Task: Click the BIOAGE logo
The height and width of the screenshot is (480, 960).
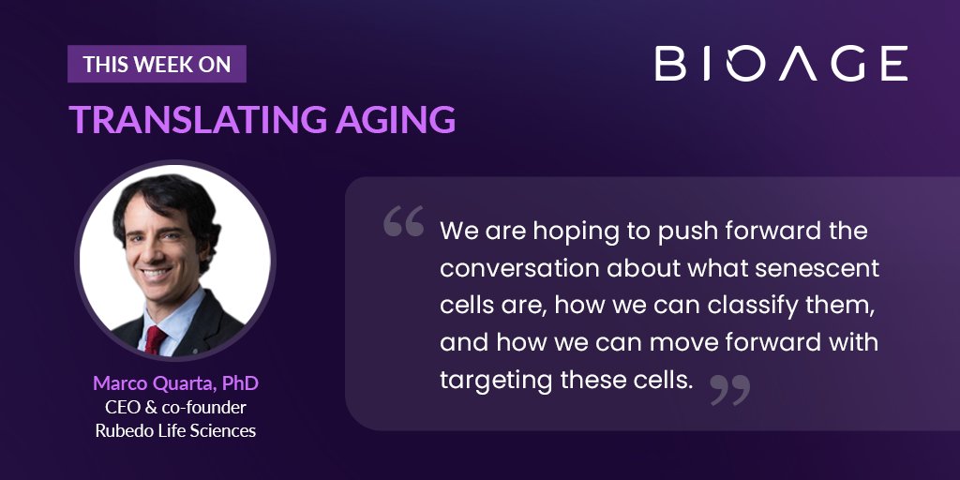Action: tap(781, 63)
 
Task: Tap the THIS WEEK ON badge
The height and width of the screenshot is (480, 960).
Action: tap(157, 64)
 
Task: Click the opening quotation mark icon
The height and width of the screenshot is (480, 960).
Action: tap(403, 221)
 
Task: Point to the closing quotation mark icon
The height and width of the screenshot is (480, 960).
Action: tap(730, 390)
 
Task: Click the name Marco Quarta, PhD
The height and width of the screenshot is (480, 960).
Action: tap(175, 383)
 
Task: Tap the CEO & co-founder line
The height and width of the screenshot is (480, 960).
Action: tap(175, 407)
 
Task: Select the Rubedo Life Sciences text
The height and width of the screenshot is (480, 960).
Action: tap(175, 430)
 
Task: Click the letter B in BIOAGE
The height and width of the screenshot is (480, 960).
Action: tap(670, 63)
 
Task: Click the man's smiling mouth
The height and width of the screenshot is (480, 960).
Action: tap(156, 273)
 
